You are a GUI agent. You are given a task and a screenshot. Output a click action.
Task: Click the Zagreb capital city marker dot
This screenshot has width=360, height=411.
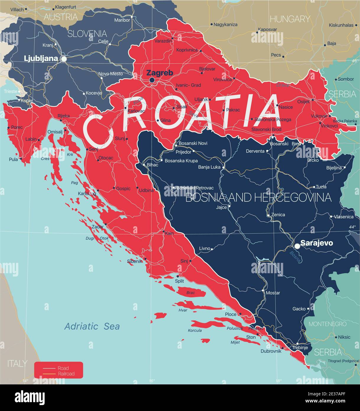[x=152, y=80]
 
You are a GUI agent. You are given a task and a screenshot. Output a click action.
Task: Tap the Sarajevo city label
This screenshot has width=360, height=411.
[x=317, y=243]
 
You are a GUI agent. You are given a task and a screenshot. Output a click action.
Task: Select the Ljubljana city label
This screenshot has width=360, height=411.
[x=40, y=58]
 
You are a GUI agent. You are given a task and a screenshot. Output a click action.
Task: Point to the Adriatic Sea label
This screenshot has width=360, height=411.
[x=92, y=326]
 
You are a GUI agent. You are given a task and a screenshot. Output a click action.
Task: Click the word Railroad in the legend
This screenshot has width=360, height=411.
[x=66, y=374]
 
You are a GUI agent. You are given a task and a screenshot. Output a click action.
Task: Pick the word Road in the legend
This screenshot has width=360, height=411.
[x=63, y=368]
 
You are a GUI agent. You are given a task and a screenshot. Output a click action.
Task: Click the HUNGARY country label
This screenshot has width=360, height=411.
[x=290, y=19]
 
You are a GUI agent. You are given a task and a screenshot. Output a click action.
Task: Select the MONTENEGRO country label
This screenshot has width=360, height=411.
[x=327, y=324]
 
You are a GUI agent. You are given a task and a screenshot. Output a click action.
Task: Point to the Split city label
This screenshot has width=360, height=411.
[x=179, y=281]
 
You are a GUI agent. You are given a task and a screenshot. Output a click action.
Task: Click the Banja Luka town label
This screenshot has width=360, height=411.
[x=209, y=167]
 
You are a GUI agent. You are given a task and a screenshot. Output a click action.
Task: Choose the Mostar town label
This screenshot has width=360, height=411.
[x=273, y=293]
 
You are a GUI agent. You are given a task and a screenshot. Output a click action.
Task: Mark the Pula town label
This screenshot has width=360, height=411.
[x=13, y=159]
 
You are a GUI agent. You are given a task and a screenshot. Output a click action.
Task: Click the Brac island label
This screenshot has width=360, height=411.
[x=191, y=292]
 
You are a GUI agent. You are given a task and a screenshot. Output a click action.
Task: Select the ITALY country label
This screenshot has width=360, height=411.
[x=17, y=363]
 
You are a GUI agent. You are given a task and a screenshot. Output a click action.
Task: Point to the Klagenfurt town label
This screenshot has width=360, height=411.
[x=66, y=7]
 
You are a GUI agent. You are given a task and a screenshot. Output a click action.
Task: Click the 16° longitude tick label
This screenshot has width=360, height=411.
[x=152, y=381]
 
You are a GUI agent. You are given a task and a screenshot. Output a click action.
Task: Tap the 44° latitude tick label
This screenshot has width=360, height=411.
[x=352, y=227]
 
